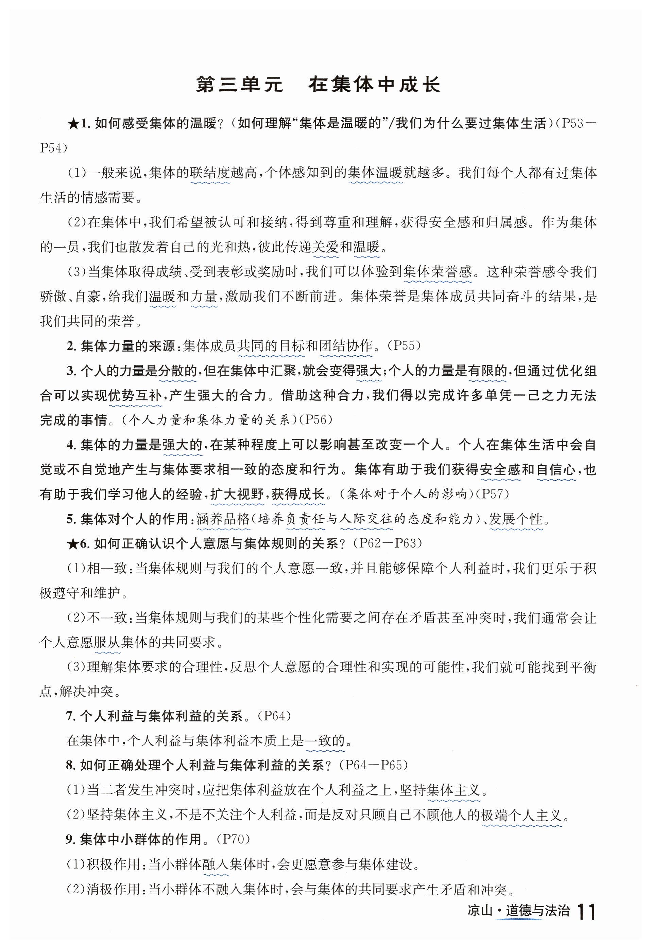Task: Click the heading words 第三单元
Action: coord(239,85)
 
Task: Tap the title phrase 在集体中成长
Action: coord(374,85)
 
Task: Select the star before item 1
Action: coord(73,123)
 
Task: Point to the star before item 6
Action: coord(73,543)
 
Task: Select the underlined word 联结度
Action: coord(210,173)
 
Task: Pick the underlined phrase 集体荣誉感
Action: coord(437,272)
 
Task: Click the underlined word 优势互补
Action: coord(135,396)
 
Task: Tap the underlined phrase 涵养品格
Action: coord(223,519)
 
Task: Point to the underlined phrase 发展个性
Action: coord(516,519)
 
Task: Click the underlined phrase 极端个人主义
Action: coord(522,815)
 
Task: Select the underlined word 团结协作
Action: coord(346,346)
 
